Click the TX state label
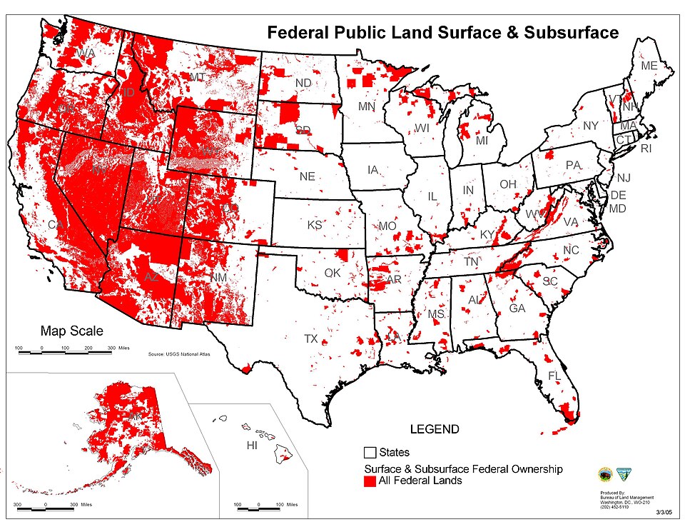(x=310, y=338)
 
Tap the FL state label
(x=554, y=376)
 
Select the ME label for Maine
(x=649, y=66)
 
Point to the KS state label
(x=315, y=225)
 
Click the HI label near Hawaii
(x=251, y=446)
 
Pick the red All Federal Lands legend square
(x=370, y=481)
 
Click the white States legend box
(x=370, y=453)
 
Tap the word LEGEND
(x=434, y=429)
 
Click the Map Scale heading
(x=71, y=331)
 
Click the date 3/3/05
(x=665, y=512)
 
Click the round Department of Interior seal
(x=605, y=476)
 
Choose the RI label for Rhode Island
(x=646, y=149)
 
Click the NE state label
(x=307, y=176)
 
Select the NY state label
(x=591, y=126)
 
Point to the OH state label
(x=507, y=184)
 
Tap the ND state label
(x=303, y=83)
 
